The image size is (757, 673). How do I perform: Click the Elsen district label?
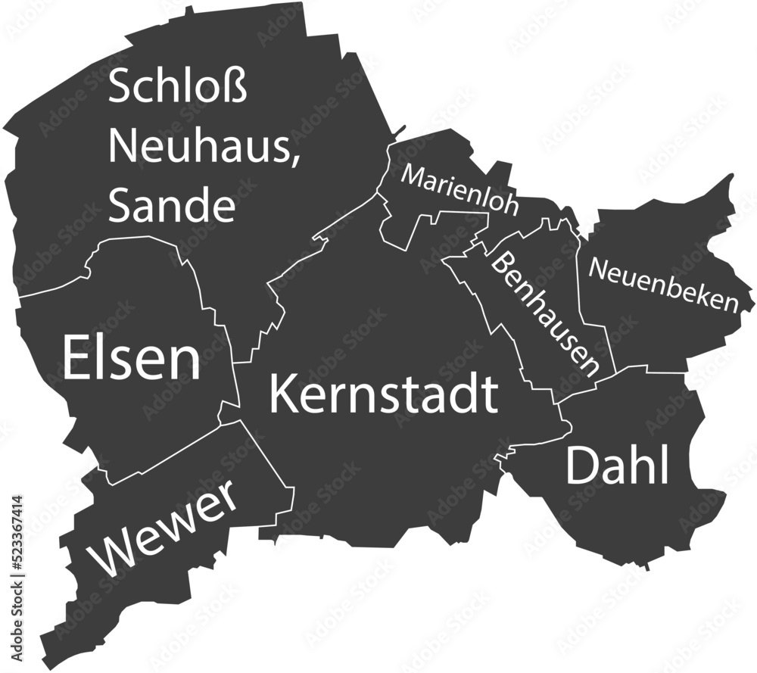(x=131, y=359)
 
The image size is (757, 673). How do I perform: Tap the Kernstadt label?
(x=384, y=394)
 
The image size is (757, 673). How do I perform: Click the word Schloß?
(x=179, y=87)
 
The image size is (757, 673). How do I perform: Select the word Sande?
(x=172, y=204)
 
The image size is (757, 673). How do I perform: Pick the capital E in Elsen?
(x=77, y=359)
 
